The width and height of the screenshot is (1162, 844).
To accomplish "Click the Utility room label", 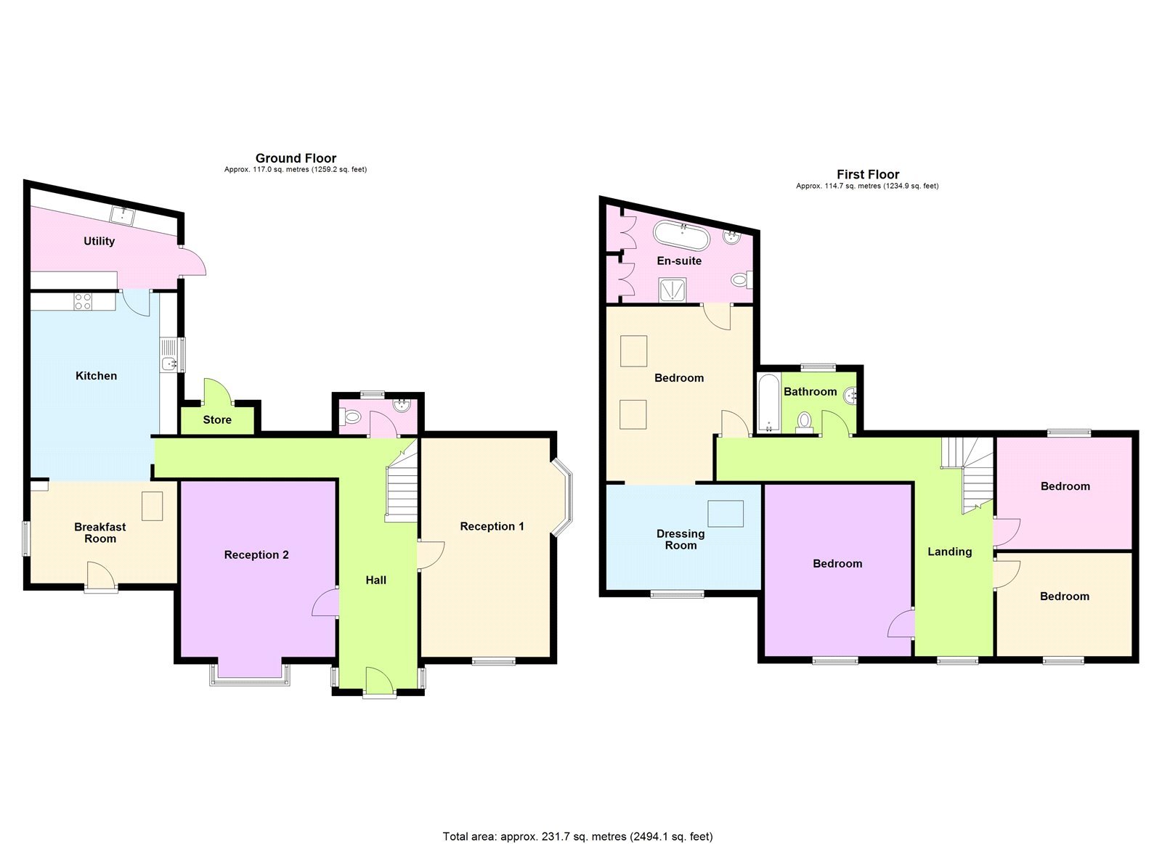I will [x=99, y=241].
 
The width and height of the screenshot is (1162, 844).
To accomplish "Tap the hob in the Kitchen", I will [x=83, y=301].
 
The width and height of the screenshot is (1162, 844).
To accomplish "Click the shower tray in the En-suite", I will [x=672, y=290].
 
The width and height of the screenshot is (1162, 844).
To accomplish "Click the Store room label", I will [x=217, y=419].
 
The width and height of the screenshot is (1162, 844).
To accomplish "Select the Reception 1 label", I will [x=492, y=526].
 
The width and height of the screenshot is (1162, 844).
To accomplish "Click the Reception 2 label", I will [x=256, y=554].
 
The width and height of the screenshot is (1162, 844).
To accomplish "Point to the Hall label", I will [x=376, y=580].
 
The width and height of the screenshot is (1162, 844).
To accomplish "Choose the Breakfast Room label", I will [x=100, y=533].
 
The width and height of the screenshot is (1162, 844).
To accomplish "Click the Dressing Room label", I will [x=680, y=539].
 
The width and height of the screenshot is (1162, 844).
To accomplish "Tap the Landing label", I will [x=949, y=552].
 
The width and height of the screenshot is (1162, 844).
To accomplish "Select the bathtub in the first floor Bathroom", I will [x=768, y=403].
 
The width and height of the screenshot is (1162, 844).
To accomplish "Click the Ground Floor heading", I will [x=296, y=158].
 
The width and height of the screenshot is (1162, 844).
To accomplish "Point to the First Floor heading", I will [x=868, y=174].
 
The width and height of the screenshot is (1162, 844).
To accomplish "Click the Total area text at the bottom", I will [x=578, y=837].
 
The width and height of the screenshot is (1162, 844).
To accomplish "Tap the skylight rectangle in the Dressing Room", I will [x=726, y=513].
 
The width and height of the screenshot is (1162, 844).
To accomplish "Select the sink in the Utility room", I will [x=122, y=215].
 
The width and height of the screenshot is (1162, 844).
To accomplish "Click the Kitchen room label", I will [x=96, y=376].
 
